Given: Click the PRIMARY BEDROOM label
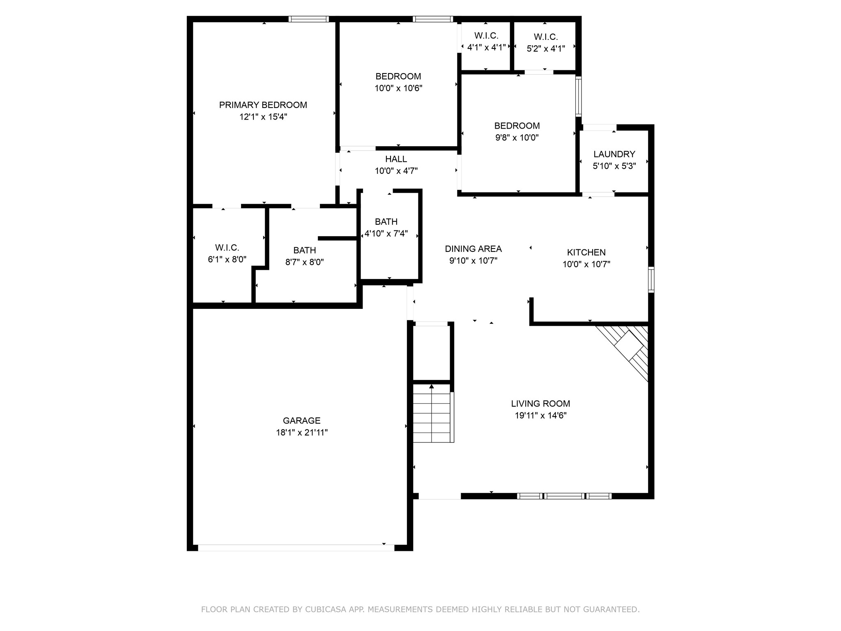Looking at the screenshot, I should coord(263,105).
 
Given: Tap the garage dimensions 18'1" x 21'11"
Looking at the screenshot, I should coord(301,433).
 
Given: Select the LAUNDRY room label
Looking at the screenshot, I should coord(614,154).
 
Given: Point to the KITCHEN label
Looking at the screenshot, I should coord(586,252).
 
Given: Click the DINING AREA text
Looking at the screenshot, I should coord(473,249).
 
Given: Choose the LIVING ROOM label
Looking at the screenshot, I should coord(540,403).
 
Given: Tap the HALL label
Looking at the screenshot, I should coord(396,159).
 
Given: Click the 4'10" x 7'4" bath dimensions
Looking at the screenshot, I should coord(386,234).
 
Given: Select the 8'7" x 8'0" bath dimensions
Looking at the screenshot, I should coord(304,262).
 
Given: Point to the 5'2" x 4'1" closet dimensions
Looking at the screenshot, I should coord(545,48).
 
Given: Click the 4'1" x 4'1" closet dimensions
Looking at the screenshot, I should coord(486,48).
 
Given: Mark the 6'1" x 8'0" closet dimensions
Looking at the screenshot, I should coord(227,260).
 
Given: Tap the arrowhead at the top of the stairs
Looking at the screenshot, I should coord(431,387).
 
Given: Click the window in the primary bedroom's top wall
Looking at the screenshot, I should coord(308,19).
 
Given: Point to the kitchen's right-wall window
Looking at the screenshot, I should coord(651,279).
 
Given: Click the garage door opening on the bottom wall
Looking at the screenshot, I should coord(296,548).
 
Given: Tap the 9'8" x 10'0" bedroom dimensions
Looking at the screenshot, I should coord(517,138).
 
